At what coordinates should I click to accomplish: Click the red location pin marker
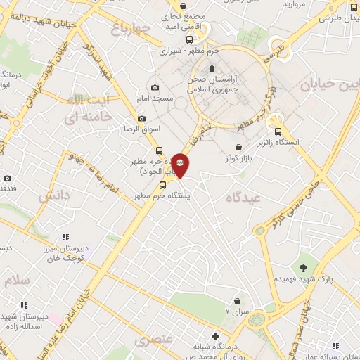pos(180,165)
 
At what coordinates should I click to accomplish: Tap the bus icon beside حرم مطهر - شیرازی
pos(188,39)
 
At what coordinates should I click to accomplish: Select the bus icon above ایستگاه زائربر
pos(278,131)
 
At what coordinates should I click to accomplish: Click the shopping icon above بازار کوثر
pos(241,147)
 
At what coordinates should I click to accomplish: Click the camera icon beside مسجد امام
pos(155,87)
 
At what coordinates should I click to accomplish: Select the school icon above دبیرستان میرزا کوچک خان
pos(65,237)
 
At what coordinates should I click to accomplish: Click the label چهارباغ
pos(131,29)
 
